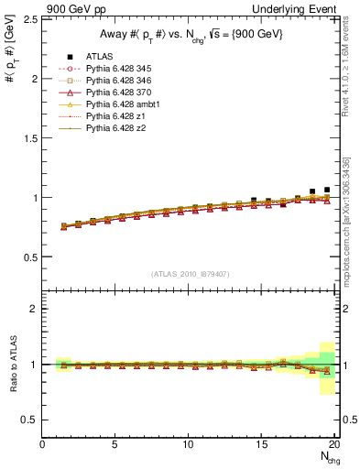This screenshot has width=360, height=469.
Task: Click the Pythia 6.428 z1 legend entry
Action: click(x=118, y=116)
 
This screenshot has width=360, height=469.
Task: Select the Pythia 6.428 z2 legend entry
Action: click(x=118, y=128)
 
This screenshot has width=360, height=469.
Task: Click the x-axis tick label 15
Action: click(x=262, y=445)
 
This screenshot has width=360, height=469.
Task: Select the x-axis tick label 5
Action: click(x=115, y=445)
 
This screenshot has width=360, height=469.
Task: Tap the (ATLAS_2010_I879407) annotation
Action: click(x=189, y=273)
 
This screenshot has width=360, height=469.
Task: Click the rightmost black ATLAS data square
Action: click(x=327, y=190)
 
